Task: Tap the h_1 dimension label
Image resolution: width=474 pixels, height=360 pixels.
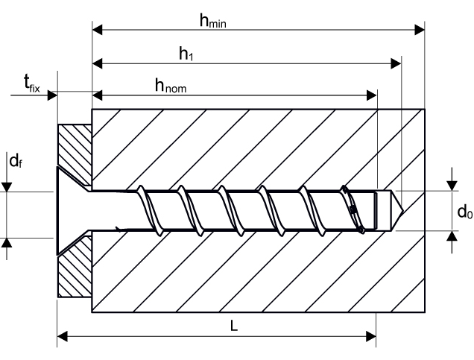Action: tap(186, 53)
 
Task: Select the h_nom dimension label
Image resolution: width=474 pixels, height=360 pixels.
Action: tap(170, 86)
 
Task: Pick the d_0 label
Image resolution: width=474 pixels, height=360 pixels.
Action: tap(464, 212)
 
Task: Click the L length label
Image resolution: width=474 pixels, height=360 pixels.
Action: tap(234, 326)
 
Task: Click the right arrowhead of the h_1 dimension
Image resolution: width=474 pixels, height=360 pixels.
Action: tap(396, 63)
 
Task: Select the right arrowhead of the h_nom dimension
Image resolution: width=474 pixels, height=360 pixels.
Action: tap(373, 95)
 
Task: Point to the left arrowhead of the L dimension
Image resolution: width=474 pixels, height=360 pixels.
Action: tap(63, 336)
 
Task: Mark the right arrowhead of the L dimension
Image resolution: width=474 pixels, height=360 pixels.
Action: tap(372, 336)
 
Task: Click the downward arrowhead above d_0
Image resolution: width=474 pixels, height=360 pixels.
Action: tap(451, 185)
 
